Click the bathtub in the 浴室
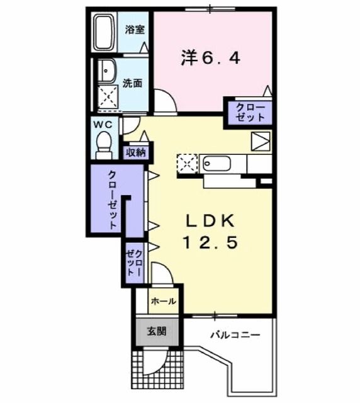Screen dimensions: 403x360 point(104,32)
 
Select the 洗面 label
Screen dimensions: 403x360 point(132,82)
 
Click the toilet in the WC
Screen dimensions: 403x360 point(104,147)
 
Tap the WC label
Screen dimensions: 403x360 point(103,124)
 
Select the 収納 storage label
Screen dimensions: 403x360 point(136,152)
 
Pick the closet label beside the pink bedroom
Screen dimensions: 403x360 point(250,112)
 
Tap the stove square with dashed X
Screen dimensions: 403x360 point(187,164)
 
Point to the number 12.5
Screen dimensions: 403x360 point(210,242)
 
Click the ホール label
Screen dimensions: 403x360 point(163,301)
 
